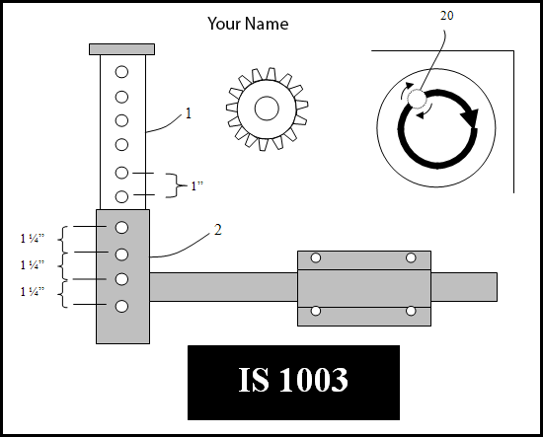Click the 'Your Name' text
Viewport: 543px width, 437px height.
click(x=248, y=24)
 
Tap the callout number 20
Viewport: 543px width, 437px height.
click(x=446, y=16)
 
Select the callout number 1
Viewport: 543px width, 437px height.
click(x=189, y=113)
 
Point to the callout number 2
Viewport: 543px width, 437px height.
click(x=218, y=230)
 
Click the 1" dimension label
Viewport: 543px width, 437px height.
click(x=196, y=185)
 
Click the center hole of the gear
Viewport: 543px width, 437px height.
click(x=267, y=109)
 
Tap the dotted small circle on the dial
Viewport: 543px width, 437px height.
click(x=417, y=99)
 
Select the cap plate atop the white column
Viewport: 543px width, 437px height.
click(x=121, y=49)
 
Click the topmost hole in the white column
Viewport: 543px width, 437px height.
click(x=121, y=72)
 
